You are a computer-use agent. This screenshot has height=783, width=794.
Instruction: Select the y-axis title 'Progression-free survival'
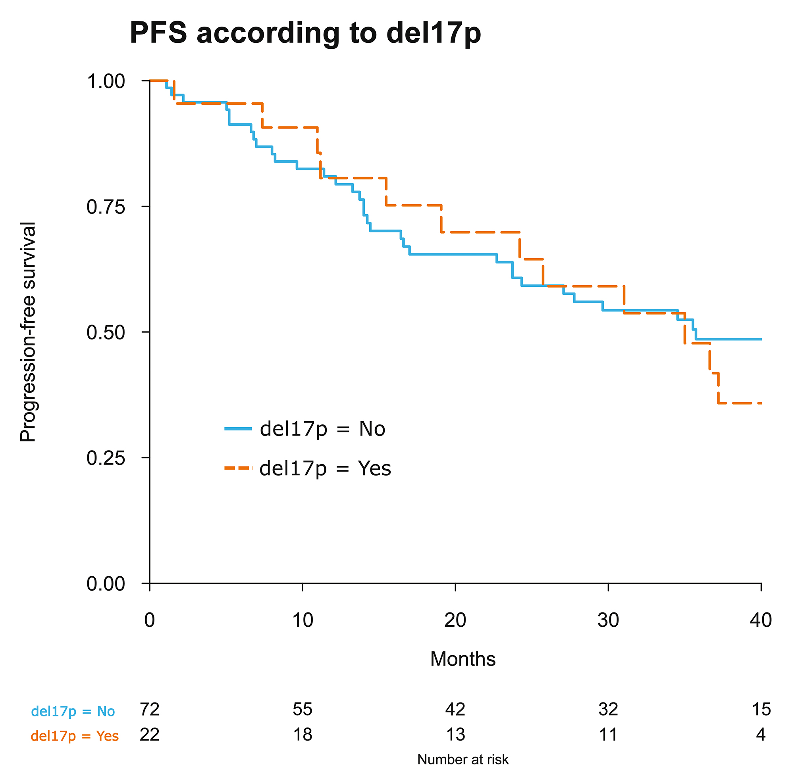coord(28,332)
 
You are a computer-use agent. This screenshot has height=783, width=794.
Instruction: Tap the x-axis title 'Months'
coord(463,658)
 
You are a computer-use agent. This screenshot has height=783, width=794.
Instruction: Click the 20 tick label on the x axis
coord(455,620)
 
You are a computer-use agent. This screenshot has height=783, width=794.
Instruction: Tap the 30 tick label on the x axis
coord(608,620)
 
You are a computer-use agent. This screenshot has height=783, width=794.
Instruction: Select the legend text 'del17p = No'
coord(323,429)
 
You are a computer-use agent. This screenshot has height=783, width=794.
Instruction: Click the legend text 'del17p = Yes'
coord(325,468)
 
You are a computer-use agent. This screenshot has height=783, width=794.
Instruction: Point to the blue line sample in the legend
coord(238,429)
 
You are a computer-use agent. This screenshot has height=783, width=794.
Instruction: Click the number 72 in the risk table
coord(150,709)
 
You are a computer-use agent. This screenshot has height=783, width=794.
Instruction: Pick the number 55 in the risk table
coord(303,709)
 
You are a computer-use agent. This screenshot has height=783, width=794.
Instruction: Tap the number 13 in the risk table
coord(455,735)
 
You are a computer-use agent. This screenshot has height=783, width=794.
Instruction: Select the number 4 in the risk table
coord(761,735)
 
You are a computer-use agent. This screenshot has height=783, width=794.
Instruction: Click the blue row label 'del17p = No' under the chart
coord(73,711)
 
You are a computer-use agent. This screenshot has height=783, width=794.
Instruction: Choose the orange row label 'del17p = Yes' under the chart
coord(75,736)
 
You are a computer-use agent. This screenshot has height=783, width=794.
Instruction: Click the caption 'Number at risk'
coord(463,760)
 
